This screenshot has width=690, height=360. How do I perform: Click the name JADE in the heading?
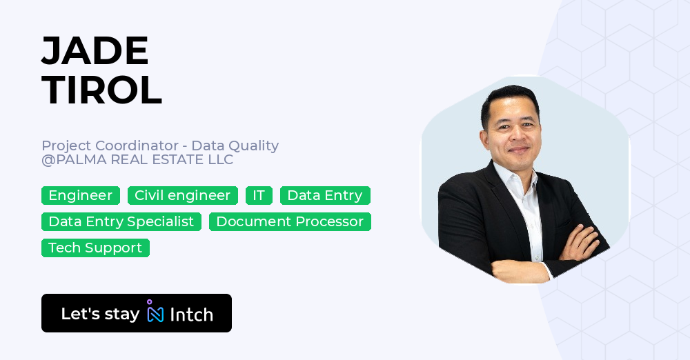pos(95,50)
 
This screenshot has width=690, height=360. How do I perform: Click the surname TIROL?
pos(101,90)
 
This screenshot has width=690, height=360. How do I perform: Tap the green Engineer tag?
pos(81,195)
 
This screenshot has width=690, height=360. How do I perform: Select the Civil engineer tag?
pos(183,195)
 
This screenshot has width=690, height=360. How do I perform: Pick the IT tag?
pos(259,195)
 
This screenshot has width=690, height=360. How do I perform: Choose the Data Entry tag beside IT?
pos(325,195)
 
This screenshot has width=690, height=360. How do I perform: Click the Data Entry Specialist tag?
pos(121,222)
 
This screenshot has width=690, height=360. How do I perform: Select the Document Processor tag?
pos(290,222)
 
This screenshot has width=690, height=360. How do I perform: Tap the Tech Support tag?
pos(95,248)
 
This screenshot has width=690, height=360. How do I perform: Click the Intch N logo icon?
pos(155,312)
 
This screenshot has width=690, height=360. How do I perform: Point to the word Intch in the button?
pos(191,314)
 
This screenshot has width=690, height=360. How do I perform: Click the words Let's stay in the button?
pos(100,314)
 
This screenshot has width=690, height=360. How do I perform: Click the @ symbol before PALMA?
pos(48,160)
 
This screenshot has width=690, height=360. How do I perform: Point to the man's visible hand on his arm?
pos(582,241)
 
